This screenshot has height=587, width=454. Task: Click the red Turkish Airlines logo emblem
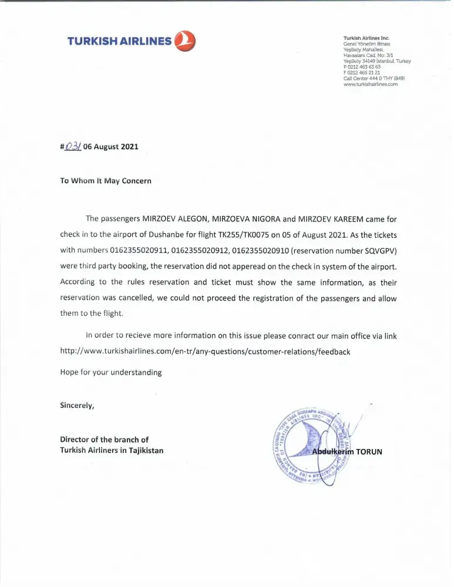pyautogui.click(x=185, y=41)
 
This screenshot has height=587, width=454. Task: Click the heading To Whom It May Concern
pyautogui.click(x=106, y=180)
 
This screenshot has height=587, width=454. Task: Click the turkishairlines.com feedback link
pyautogui.click(x=205, y=352)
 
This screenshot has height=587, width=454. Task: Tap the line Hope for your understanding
pyautogui.click(x=111, y=372)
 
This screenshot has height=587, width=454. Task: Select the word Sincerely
pyautogui.click(x=77, y=405)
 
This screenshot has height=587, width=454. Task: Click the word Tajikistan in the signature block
pyautogui.click(x=144, y=450)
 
